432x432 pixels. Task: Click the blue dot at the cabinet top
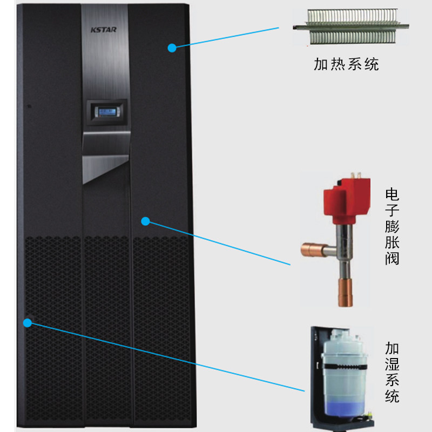172,48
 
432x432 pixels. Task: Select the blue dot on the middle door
145,220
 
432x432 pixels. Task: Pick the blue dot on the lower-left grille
28,322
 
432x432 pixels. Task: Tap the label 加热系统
346,65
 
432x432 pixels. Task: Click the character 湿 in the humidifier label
392,363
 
